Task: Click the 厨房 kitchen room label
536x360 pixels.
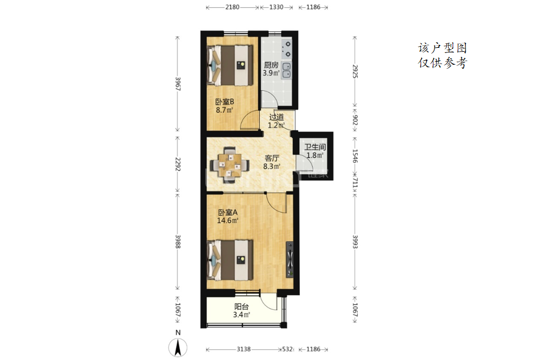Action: pyautogui.click(x=271, y=65)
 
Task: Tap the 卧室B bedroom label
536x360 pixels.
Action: pyautogui.click(x=224, y=102)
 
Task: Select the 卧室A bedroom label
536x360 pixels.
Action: pyautogui.click(x=228, y=212)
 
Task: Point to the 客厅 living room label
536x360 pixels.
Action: pyautogui.click(x=272, y=158)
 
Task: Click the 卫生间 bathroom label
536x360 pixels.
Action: pyautogui.click(x=315, y=147)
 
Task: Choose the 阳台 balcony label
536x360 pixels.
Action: pyautogui.click(x=241, y=306)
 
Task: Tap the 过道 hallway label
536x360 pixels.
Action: pyautogui.click(x=276, y=117)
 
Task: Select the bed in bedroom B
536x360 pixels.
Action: pyautogui.click(x=230, y=65)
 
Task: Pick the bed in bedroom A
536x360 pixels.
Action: pyautogui.click(x=230, y=260)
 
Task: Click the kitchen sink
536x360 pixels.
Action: pyautogui.click(x=286, y=70)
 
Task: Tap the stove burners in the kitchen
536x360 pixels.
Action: pyautogui.click(x=287, y=49)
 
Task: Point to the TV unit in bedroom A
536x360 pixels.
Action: pyautogui.click(x=290, y=259)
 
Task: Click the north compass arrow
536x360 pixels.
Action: pyautogui.click(x=178, y=348)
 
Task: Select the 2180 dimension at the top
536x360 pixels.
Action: pyautogui.click(x=232, y=7)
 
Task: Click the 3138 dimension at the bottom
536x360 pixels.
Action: pyautogui.click(x=243, y=349)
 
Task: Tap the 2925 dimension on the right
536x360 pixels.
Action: pyautogui.click(x=355, y=72)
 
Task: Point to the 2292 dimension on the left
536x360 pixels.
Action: pyautogui.click(x=178, y=164)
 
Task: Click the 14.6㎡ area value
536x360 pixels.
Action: pyautogui.click(x=228, y=221)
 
